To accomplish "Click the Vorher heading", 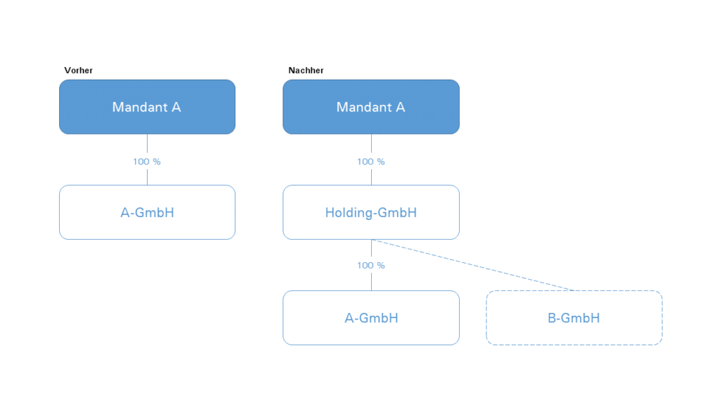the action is click(x=78, y=70).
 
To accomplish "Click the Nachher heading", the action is click(x=306, y=70).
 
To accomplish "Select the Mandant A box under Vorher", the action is click(x=147, y=107).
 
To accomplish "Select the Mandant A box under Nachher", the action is click(x=371, y=107).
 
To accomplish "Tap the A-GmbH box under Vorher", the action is click(x=147, y=212).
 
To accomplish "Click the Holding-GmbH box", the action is click(x=371, y=212).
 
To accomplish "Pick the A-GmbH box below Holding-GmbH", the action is click(x=371, y=318).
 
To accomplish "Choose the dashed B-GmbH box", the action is click(x=574, y=318).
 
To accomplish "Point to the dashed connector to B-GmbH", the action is click(x=472, y=265).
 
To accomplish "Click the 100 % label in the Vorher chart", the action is click(x=146, y=161).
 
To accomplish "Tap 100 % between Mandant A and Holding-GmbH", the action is click(x=371, y=161).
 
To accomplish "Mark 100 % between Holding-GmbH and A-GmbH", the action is click(x=371, y=265).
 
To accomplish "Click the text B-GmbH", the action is click(x=574, y=318).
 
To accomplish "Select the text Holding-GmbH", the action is click(x=371, y=213).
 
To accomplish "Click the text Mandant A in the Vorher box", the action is click(x=146, y=107).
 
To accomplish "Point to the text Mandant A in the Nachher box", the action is click(x=370, y=107).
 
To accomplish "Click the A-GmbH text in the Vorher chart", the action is click(x=147, y=213).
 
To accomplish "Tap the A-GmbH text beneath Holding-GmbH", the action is click(x=372, y=318).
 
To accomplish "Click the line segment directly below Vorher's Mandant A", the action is click(x=147, y=144).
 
